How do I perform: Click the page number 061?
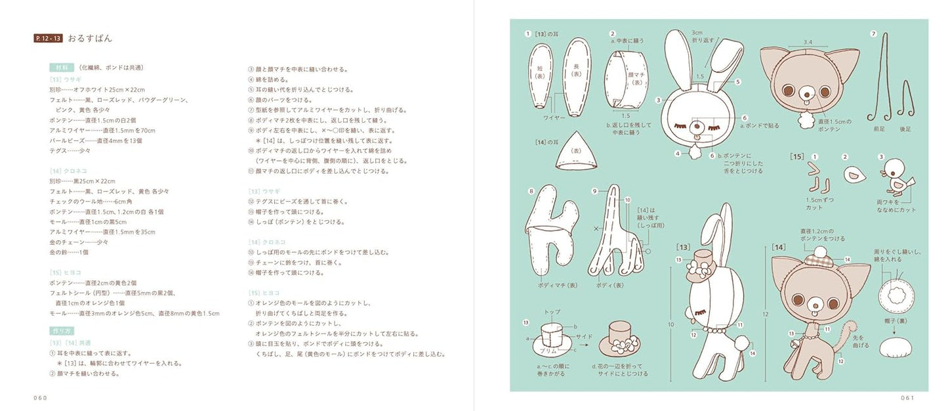[907, 398]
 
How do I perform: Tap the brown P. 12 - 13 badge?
[48, 38]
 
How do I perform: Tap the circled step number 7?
[873, 34]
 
